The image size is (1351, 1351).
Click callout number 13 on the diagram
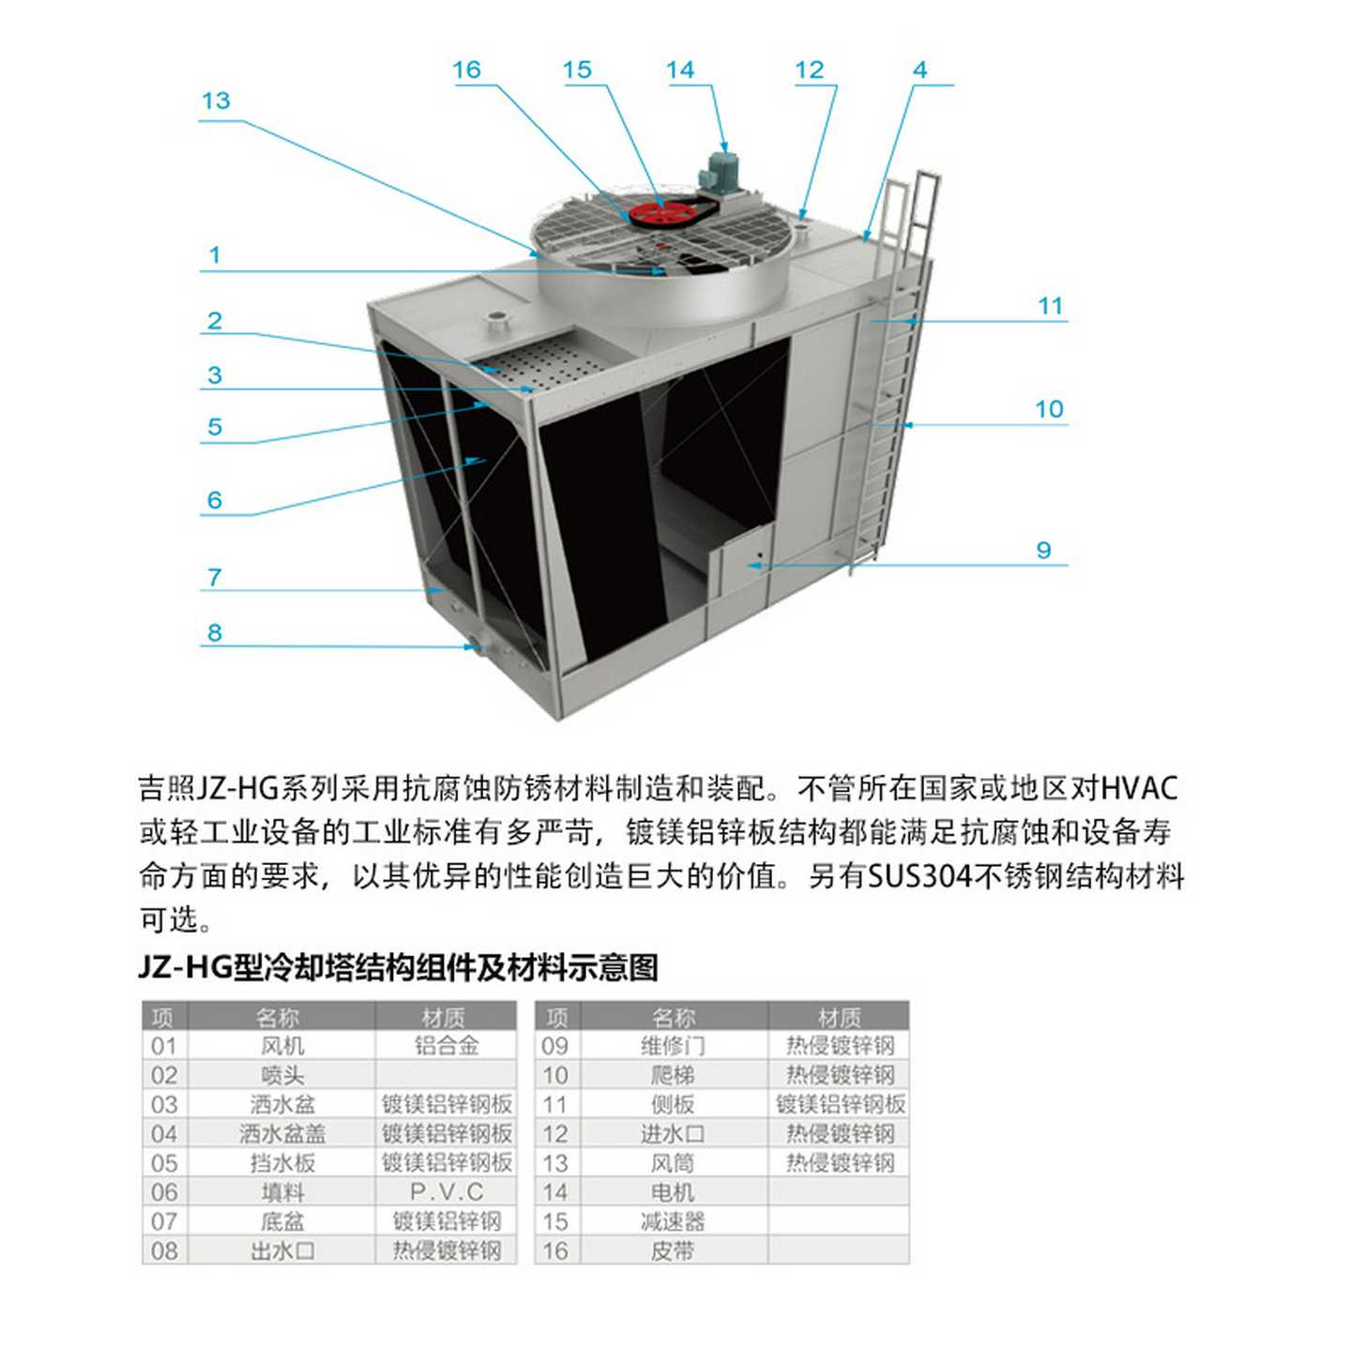216,101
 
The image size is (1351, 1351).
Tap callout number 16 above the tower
466,70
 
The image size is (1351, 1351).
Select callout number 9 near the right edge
1043,551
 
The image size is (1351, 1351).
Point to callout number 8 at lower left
215,633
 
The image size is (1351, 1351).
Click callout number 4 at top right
919,70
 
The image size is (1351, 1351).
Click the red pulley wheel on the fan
660,213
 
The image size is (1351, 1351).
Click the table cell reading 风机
282,1046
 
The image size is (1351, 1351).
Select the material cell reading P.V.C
447,1192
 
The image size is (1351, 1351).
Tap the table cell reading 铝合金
447,1046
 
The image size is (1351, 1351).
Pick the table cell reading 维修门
673,1046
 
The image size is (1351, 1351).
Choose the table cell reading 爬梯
673,1075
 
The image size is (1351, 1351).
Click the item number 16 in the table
555,1251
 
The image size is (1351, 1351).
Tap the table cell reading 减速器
673,1222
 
